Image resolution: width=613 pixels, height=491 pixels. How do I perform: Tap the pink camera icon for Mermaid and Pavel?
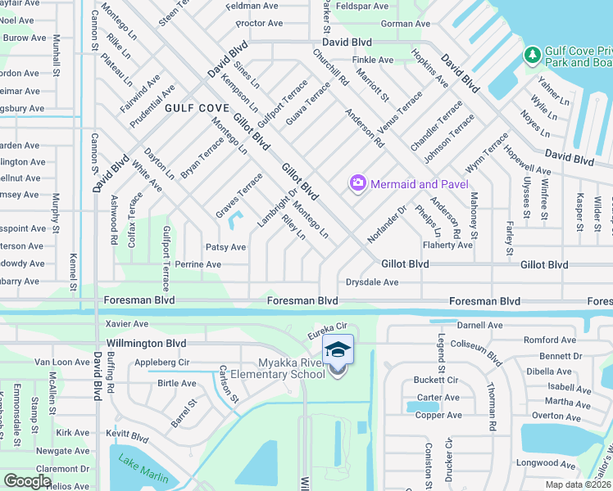(357, 183)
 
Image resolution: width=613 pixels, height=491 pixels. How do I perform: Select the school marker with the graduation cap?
(338, 352)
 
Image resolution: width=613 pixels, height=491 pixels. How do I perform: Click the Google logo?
(28, 481)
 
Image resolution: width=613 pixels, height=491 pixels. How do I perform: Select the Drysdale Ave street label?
(372, 282)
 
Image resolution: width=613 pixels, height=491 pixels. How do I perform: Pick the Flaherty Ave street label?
(447, 245)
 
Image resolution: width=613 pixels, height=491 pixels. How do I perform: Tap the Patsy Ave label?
(225, 246)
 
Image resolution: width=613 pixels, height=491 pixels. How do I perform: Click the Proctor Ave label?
(258, 23)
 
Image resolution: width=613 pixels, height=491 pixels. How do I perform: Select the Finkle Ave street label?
(373, 60)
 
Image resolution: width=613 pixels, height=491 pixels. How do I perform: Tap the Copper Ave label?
(438, 416)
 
